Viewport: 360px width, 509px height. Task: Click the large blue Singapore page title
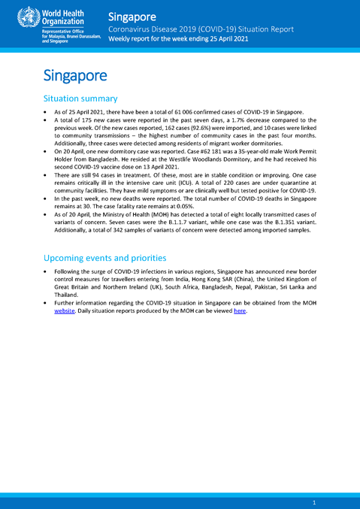click(x=75, y=75)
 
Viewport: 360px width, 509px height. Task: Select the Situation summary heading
click(x=80, y=98)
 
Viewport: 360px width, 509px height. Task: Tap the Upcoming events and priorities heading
click(x=104, y=258)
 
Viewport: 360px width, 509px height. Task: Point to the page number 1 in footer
click(x=313, y=501)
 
